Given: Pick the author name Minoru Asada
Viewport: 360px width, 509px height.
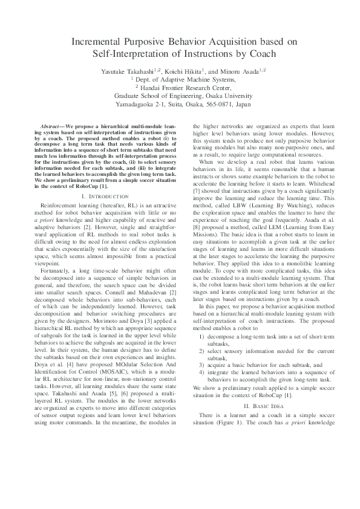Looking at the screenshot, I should click(241, 71).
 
